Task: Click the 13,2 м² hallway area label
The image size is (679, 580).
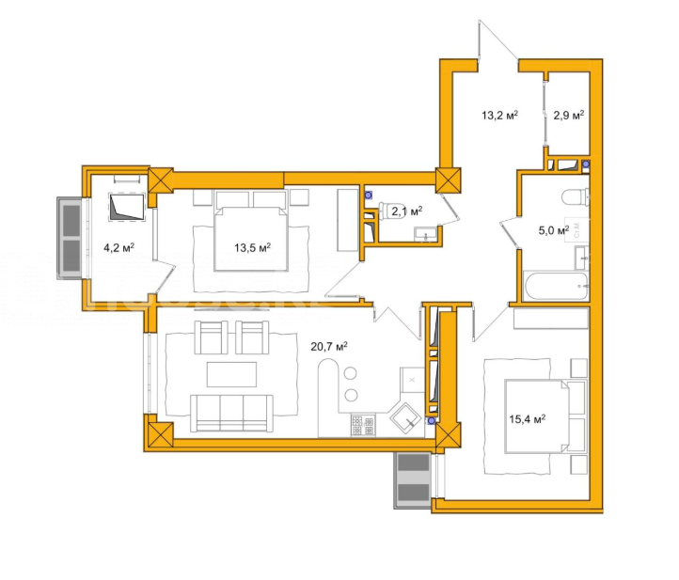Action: tap(499, 115)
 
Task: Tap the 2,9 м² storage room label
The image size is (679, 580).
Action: tap(569, 115)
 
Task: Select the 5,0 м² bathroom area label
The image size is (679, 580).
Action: tap(553, 230)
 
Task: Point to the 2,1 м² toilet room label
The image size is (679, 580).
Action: tap(406, 212)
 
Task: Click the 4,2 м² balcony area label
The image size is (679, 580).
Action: tap(118, 247)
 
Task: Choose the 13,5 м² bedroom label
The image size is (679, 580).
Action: tap(252, 247)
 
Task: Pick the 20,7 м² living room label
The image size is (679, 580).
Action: tap(329, 346)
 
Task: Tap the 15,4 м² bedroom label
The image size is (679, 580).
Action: tap(527, 419)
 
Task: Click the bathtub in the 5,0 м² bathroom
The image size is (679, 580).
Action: tap(556, 286)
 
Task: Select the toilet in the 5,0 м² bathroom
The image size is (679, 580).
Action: tap(576, 197)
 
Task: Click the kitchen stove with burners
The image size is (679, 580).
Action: tap(363, 426)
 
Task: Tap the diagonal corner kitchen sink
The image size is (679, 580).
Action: tap(405, 418)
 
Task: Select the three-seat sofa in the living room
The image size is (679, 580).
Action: tap(232, 414)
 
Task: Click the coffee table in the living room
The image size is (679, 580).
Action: tap(231, 374)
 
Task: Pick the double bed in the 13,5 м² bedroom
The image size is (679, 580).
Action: tap(251, 239)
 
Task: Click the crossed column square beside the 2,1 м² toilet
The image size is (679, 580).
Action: tap(449, 180)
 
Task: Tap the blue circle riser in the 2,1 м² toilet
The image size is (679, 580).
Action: tap(368, 196)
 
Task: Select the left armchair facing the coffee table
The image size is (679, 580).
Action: tap(212, 337)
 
